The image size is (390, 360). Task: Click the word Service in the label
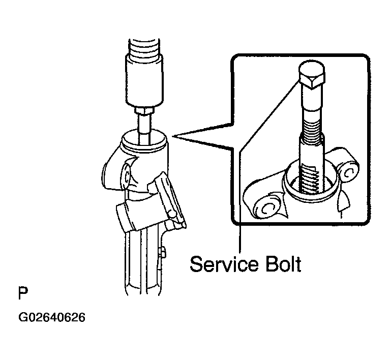coord(224,264)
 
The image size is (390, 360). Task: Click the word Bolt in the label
coord(284,264)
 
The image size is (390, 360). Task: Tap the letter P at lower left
coord(23,293)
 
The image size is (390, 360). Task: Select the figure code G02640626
coord(52,317)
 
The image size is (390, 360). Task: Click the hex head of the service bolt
coord(312,74)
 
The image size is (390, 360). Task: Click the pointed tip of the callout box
coord(173,136)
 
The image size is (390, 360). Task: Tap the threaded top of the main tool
coord(144,47)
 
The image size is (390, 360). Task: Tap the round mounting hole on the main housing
coord(127,176)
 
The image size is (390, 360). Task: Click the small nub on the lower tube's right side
coord(163,252)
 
